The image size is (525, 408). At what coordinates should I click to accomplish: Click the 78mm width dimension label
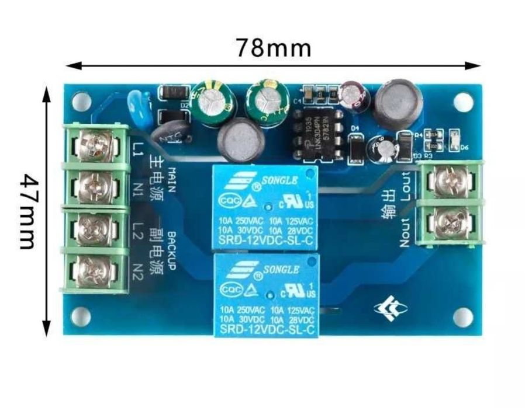[273, 47]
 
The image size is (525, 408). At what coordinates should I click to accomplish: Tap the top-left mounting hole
[82, 100]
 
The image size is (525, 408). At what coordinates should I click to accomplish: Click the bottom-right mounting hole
[462, 317]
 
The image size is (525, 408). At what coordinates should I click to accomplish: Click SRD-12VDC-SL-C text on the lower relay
[266, 330]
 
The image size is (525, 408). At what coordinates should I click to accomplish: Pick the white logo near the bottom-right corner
[387, 310]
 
